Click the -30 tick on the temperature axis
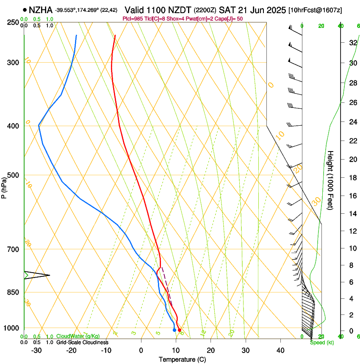(36, 350)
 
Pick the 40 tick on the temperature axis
(280, 350)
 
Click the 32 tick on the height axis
(352, 42)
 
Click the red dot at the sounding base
(180, 330)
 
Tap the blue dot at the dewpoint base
(174, 330)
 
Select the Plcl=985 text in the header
(132, 19)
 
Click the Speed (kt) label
(322, 342)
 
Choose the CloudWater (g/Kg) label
(78, 336)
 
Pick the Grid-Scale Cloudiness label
(82, 342)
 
